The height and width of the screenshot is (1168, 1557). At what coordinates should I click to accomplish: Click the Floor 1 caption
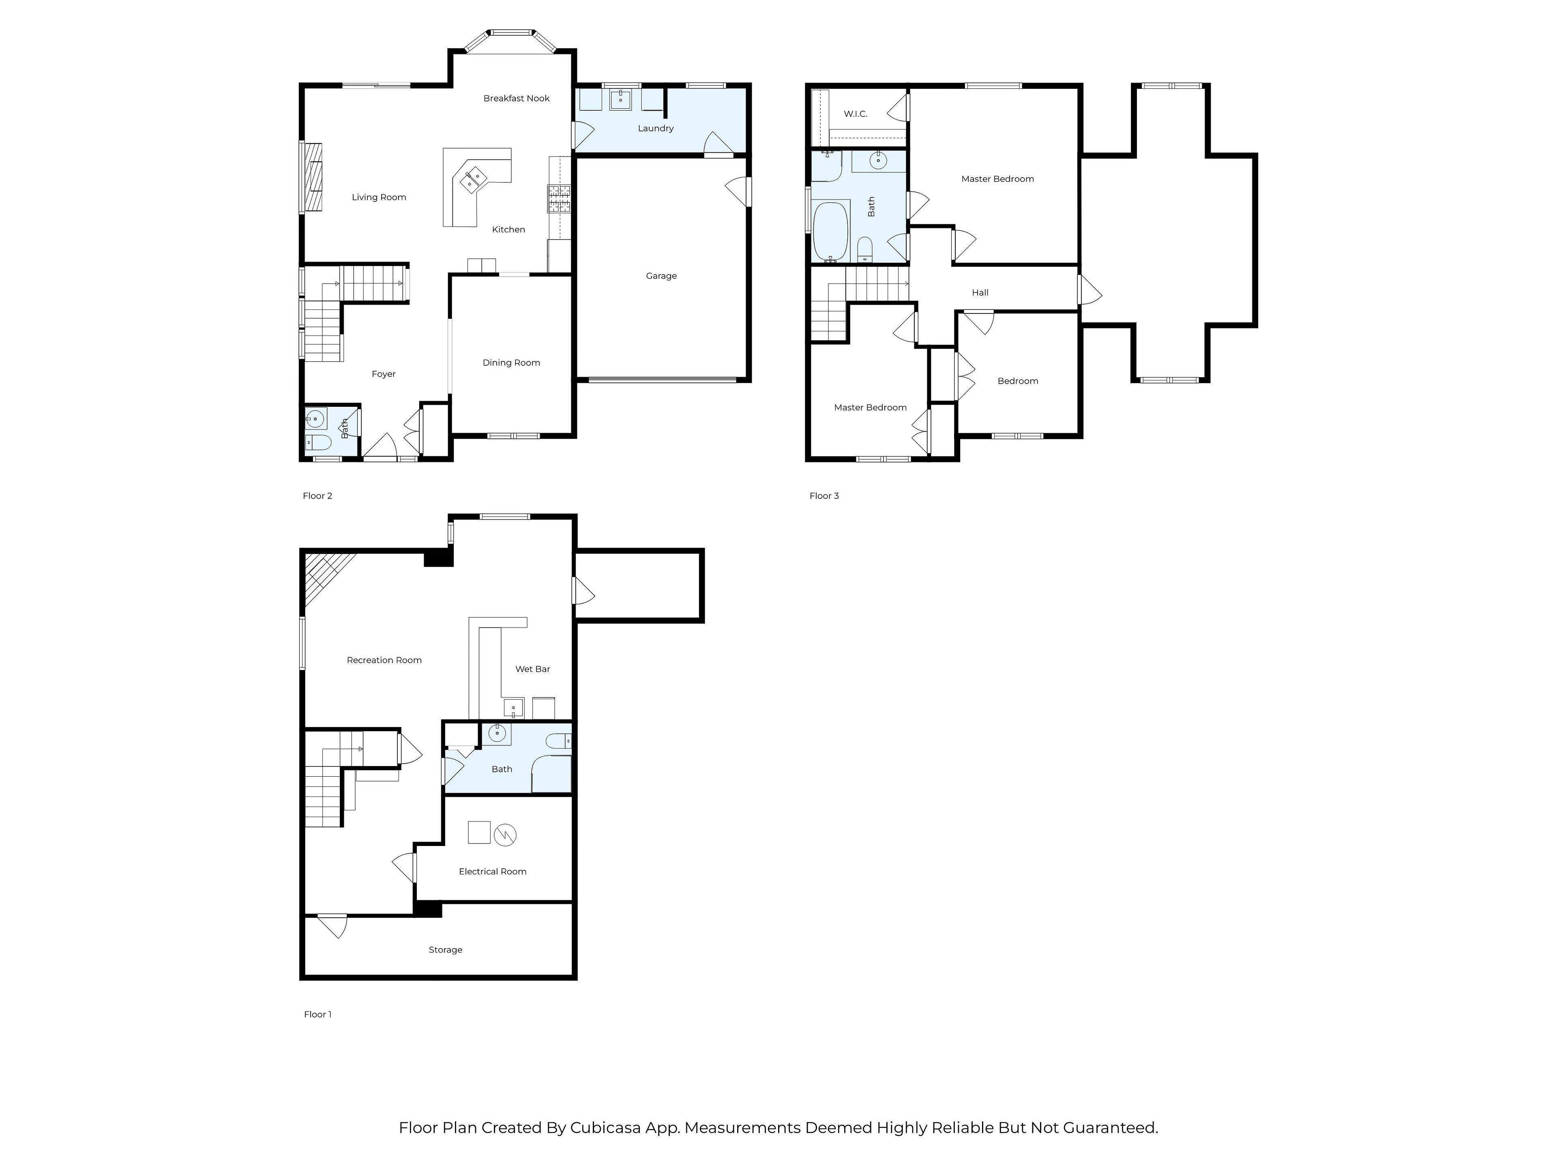(317, 1015)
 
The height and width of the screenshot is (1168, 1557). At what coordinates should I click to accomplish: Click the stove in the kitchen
(560, 199)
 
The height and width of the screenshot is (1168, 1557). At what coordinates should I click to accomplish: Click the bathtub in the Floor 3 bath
(831, 232)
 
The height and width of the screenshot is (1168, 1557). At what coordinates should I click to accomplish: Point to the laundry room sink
(620, 99)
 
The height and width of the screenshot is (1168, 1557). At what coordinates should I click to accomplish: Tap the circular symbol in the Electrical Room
(505, 835)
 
